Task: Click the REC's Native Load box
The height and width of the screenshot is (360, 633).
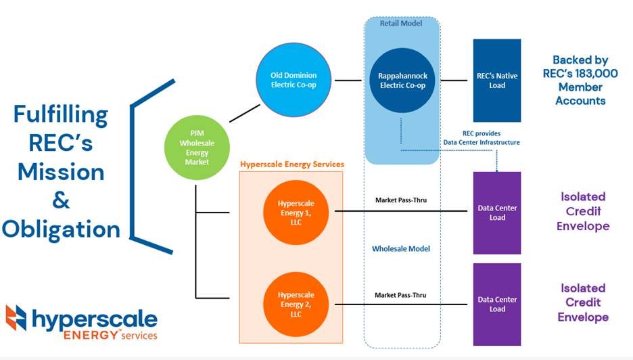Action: coord(497,81)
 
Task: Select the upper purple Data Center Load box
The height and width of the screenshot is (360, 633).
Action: coord(497,212)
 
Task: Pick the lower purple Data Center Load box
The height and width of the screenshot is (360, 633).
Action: coord(497,304)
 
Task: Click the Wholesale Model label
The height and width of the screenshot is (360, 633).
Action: coord(401,248)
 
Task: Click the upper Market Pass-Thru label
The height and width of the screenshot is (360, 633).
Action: coord(400,200)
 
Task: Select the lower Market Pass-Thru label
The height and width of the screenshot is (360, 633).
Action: coord(400,295)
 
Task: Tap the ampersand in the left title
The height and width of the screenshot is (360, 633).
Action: coord(61,201)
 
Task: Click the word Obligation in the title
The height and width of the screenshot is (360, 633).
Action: coord(61,229)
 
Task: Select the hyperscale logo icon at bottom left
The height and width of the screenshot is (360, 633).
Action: coord(16,320)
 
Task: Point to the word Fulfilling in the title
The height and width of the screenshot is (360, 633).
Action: coord(61,115)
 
